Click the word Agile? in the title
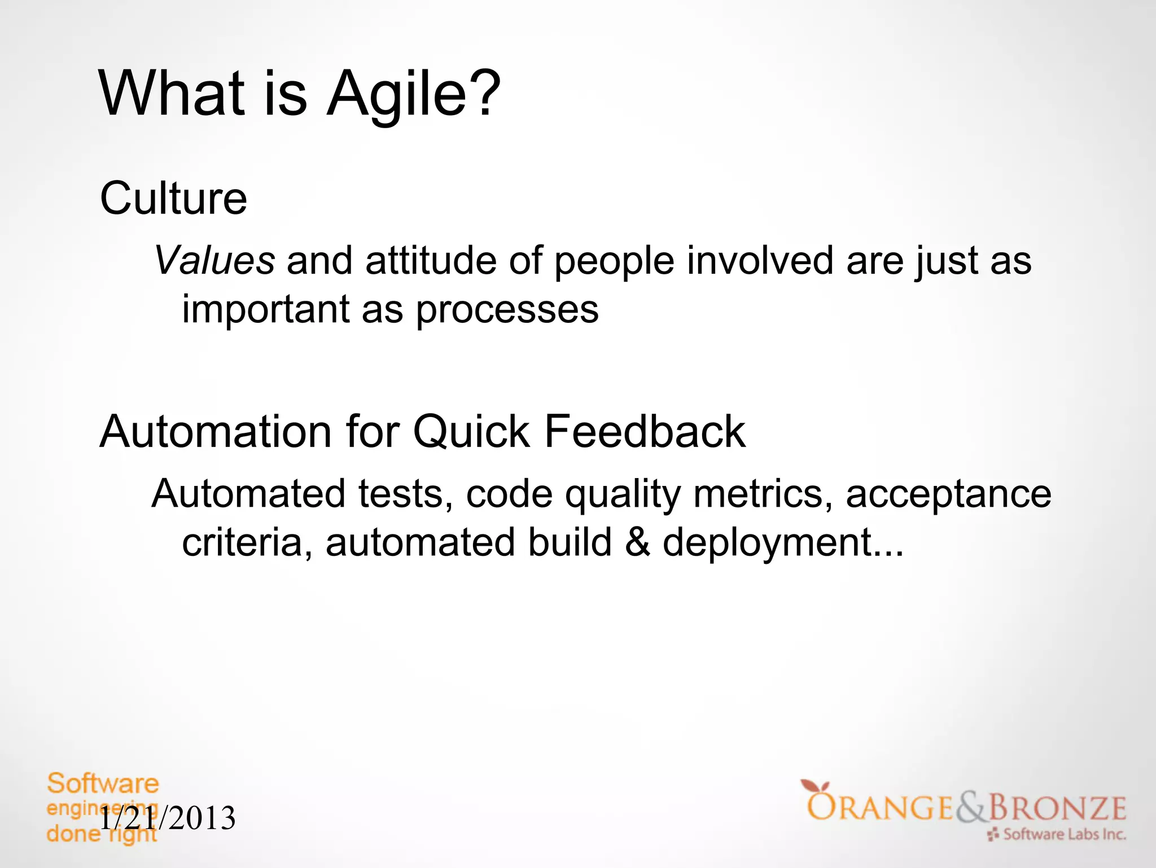[414, 94]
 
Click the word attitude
[431, 261]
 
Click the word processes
[507, 310]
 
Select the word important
[265, 310]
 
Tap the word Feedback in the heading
[644, 432]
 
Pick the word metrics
[762, 494]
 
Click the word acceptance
[948, 494]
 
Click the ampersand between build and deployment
[637, 542]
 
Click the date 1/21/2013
[168, 818]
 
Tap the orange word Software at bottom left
[103, 784]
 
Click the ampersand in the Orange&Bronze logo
[971, 808]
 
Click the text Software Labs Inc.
[1064, 834]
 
